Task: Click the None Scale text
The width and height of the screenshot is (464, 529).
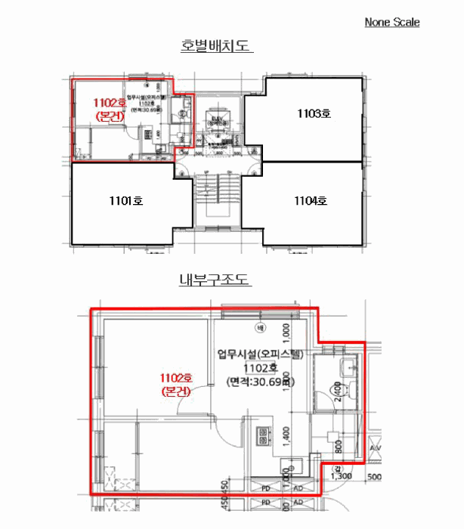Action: (x=391, y=22)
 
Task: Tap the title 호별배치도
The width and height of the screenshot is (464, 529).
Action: (x=215, y=46)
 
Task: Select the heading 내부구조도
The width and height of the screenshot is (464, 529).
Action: (x=214, y=280)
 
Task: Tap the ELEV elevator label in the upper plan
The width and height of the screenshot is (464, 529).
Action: (x=217, y=119)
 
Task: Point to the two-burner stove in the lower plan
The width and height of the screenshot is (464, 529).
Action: (x=264, y=436)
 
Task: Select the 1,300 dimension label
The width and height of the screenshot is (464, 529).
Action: (x=342, y=476)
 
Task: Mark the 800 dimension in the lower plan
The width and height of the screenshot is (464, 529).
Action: (x=337, y=447)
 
